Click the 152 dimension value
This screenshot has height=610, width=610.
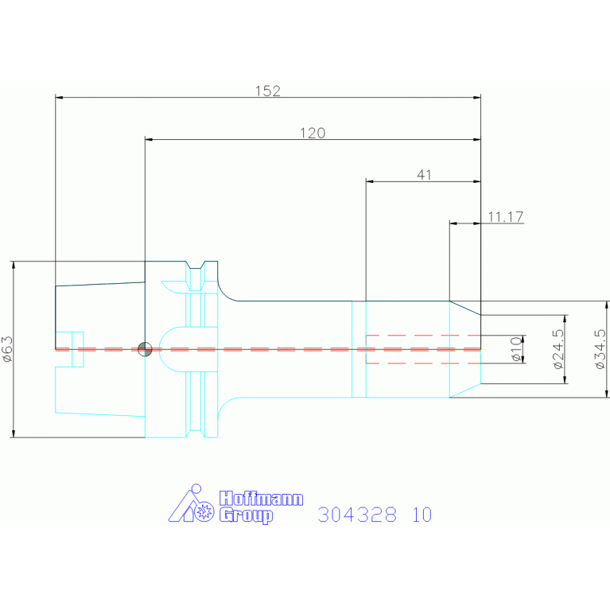click(268, 91)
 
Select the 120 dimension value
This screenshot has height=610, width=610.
click(313, 133)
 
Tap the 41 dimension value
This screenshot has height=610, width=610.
click(424, 175)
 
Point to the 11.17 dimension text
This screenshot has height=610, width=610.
click(506, 216)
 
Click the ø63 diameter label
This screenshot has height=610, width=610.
click(7, 349)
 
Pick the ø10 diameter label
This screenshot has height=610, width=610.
click(516, 349)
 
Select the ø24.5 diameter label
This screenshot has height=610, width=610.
click(558, 349)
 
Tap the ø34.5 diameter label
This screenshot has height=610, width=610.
click(600, 349)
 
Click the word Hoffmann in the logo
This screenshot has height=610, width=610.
click(261, 499)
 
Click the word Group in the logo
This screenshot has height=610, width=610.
click(246, 515)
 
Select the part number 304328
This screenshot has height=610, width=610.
click(357, 515)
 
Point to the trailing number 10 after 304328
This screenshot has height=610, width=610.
click(422, 515)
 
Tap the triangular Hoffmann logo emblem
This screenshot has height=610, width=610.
click(192, 503)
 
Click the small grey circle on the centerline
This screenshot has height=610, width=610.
click(145, 349)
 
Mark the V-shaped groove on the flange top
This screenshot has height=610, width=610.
click(196, 266)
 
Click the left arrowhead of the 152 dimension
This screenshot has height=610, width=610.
click(59, 98)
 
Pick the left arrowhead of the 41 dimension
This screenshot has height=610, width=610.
click(370, 181)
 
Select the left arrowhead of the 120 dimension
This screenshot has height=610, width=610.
click(149, 140)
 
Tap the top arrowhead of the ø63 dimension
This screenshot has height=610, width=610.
click(14, 265)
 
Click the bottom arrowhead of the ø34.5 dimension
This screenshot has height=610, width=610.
click(607, 394)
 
